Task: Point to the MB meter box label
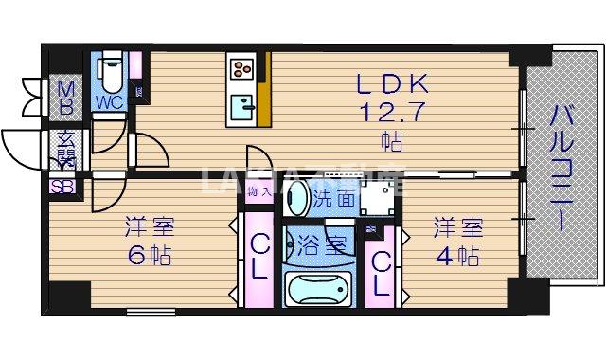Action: tap(66, 94)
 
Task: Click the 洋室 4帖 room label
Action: tap(458, 241)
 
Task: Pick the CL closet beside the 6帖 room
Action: tap(258, 256)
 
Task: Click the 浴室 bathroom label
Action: tap(319, 242)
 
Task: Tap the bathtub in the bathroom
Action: tap(318, 288)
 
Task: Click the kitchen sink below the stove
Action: tap(242, 105)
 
